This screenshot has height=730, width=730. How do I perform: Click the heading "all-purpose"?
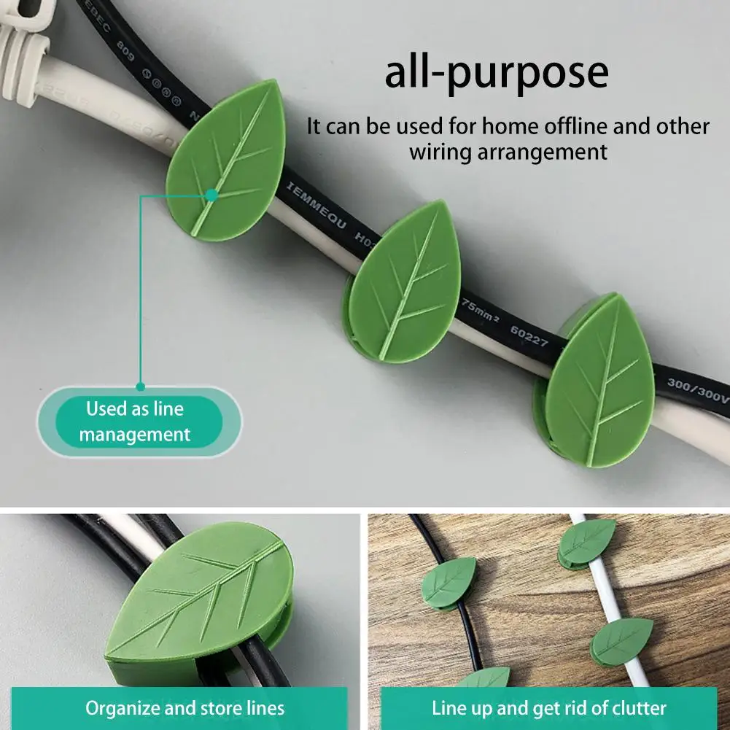tap(496, 73)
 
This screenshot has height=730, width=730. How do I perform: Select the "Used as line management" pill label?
tap(135, 422)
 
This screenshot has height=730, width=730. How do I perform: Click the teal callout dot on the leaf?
tap(211, 195)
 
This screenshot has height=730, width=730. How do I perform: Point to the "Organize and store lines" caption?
tap(185, 707)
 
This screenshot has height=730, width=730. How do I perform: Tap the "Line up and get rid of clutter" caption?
tap(548, 707)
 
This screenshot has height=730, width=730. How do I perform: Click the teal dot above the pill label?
tap(141, 386)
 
